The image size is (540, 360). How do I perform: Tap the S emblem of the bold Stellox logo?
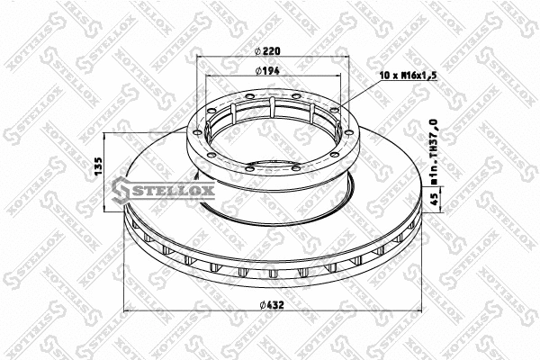tap(123, 187)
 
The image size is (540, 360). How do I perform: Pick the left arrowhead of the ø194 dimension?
tap(207, 76)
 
